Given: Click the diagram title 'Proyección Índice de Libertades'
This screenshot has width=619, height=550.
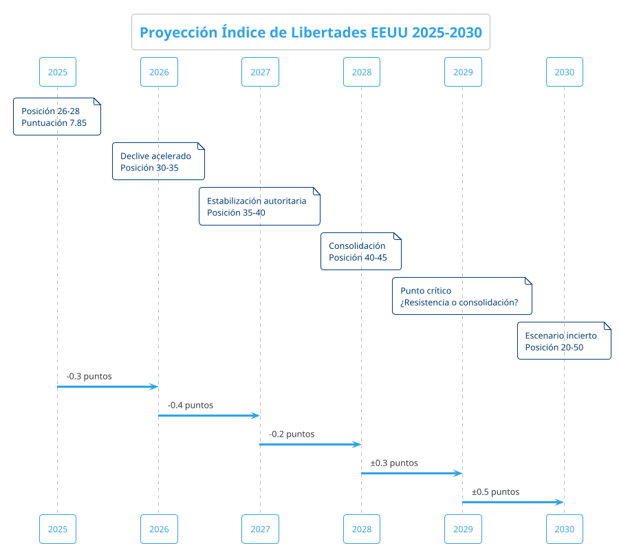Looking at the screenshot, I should coord(311,32).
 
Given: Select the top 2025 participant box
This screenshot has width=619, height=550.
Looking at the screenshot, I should coord(57,71).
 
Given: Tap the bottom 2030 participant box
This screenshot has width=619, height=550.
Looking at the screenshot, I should coord(564,529).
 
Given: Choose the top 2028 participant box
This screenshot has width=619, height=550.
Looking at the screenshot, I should coord(361,71).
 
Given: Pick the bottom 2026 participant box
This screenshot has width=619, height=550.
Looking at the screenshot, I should coord(159,529).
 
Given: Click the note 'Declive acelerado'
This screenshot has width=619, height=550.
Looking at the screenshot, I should coord(158,162).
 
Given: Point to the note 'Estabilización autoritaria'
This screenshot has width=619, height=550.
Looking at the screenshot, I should coord(259,206).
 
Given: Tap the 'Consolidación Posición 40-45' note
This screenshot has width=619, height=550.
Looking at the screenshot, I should coord(360,252).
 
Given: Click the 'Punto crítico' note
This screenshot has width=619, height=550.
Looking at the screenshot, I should coord(462,296).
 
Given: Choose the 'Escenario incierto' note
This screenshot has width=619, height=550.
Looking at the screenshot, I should coord(564,341).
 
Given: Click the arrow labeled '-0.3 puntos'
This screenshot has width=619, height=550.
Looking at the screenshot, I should coord(107,387).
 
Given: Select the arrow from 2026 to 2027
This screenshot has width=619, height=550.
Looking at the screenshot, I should coord(209,416).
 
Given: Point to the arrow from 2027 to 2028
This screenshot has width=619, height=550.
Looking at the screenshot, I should coord(310,445).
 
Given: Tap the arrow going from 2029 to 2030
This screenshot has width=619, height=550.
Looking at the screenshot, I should coord(513,503).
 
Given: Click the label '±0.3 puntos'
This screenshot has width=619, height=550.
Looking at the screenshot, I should coord(394,463).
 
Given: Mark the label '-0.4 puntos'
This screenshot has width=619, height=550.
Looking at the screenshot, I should coord(190,406).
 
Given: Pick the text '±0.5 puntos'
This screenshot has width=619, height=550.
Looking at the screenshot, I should coord(495,492).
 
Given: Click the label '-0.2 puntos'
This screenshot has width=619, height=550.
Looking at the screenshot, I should coord(292,434).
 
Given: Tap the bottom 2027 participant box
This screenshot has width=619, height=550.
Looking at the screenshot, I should coord(260,529).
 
